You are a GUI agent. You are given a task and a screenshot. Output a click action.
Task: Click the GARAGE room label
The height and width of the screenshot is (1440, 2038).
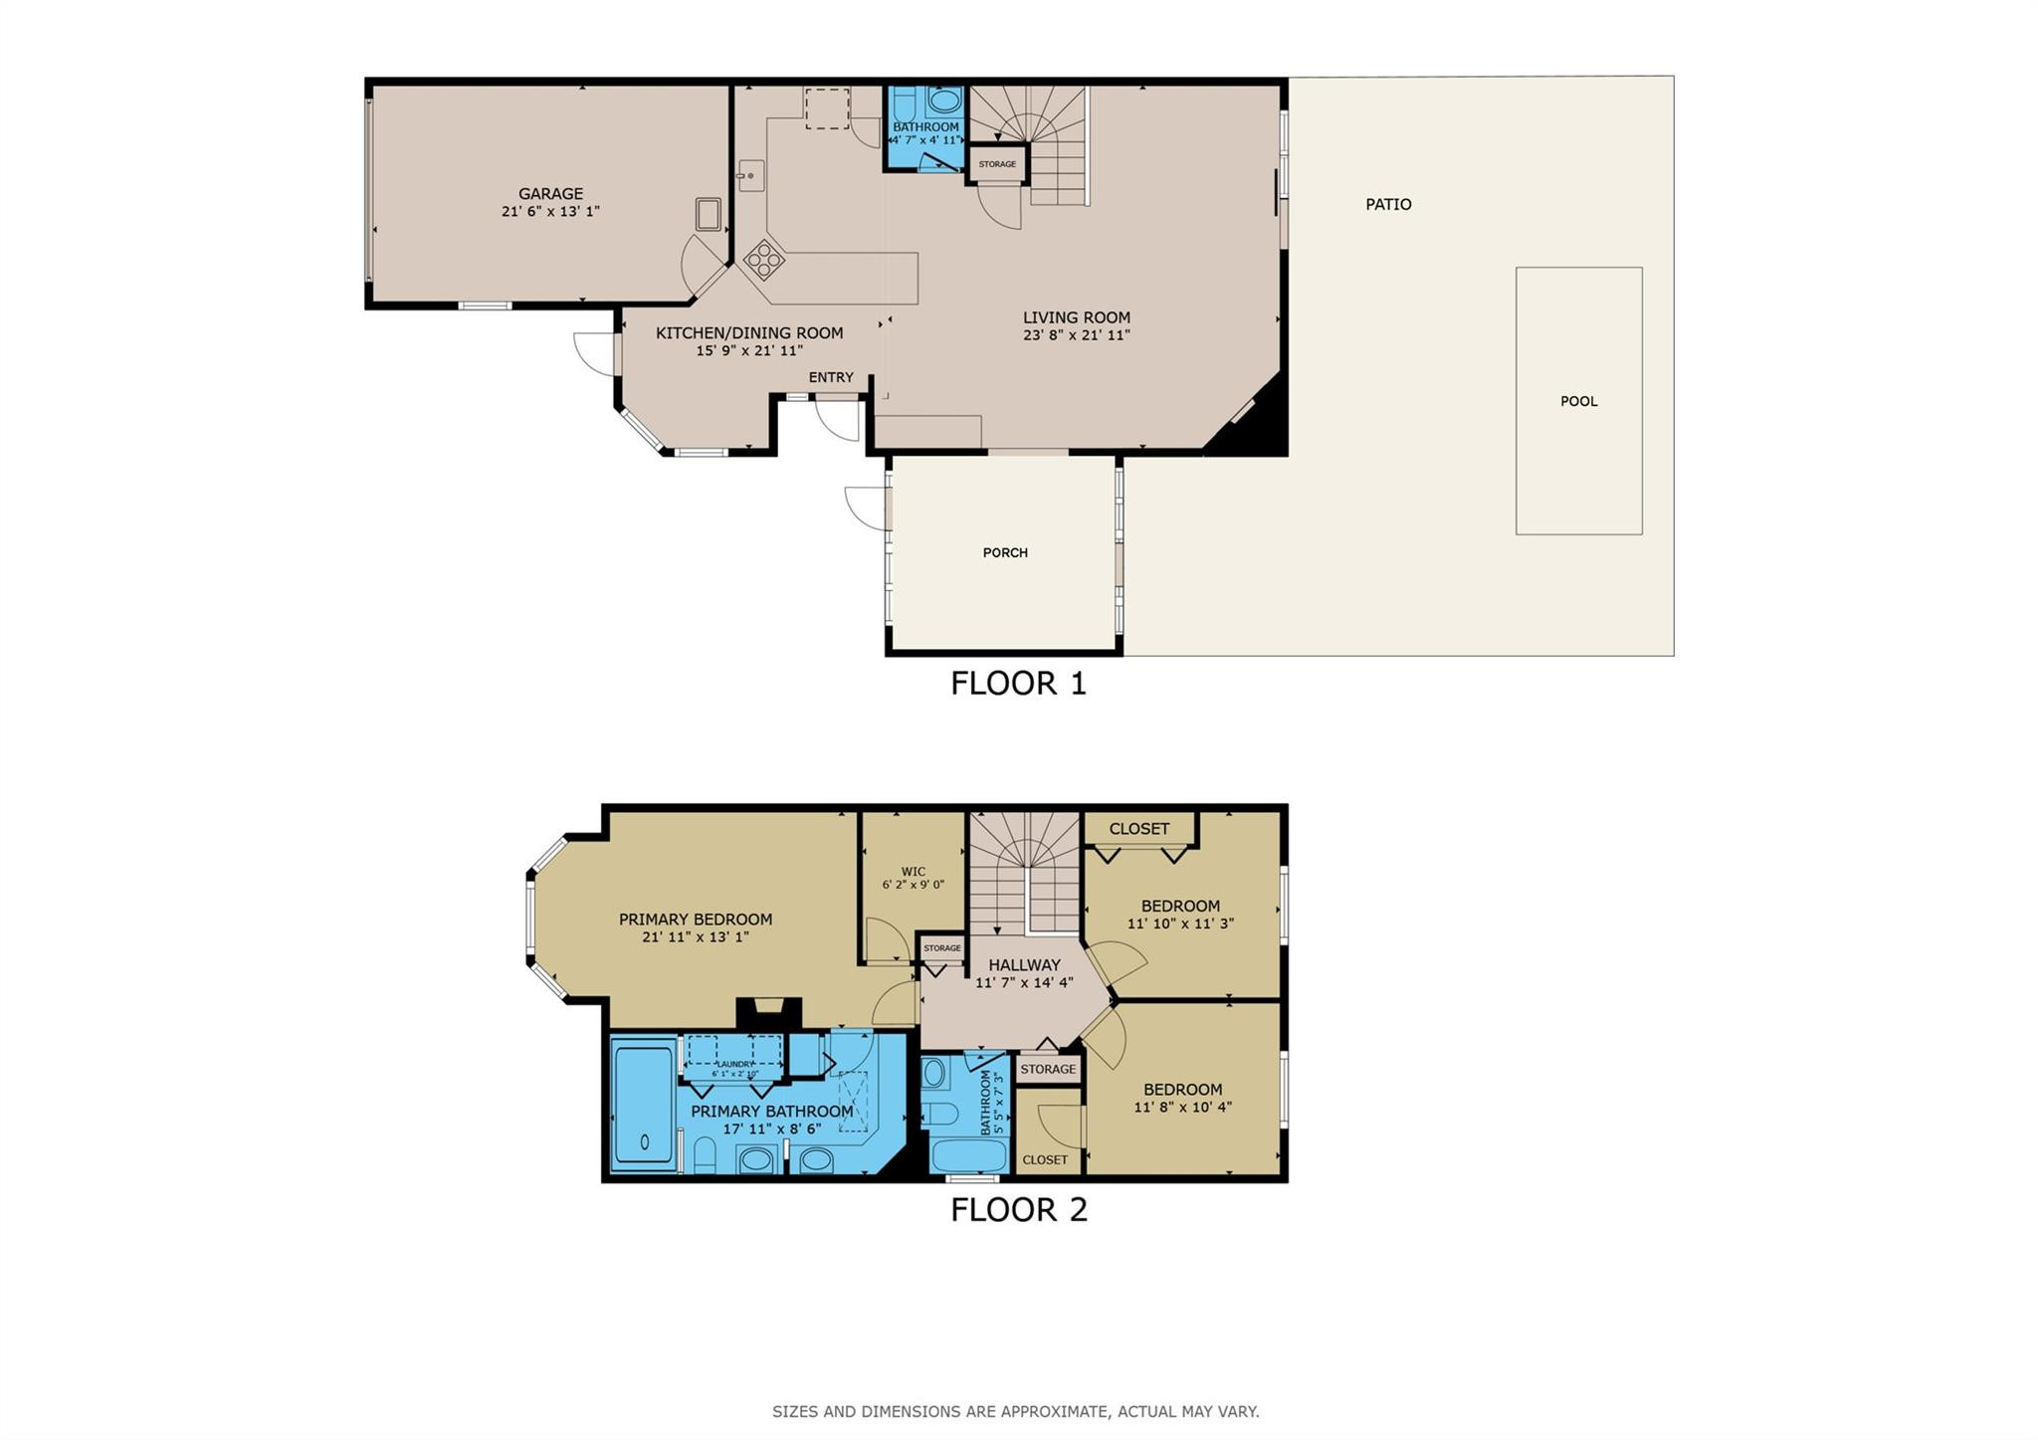550,194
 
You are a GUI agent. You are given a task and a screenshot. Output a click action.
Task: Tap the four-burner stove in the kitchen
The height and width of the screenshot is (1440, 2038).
764,260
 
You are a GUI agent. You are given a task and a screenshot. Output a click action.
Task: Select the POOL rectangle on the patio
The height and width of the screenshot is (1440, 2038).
1578,401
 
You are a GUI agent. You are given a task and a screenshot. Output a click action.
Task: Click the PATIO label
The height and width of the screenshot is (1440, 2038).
1388,204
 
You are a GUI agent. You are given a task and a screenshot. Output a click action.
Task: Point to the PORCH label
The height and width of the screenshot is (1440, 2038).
1005,552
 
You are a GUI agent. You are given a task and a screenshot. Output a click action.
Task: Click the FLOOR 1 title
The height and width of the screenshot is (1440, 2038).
1018,684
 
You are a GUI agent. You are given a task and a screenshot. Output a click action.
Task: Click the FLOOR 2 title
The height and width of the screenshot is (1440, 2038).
1018,1210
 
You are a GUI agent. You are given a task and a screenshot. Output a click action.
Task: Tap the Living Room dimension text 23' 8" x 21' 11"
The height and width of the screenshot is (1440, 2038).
1076,335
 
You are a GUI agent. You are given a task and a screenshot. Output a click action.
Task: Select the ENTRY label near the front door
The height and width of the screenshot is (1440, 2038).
831,377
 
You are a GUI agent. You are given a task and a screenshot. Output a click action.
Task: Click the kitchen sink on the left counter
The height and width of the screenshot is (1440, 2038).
750,175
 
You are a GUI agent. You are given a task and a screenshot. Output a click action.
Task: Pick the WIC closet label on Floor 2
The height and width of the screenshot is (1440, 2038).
913,872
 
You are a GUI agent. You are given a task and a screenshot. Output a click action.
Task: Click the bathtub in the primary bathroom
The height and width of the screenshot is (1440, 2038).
644,1102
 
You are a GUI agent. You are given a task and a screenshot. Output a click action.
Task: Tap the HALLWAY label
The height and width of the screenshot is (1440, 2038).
1024,964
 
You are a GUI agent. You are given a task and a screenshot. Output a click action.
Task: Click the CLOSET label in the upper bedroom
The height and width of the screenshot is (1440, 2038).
1138,829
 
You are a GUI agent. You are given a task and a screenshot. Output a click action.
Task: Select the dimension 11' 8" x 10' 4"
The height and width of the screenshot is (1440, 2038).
1182,1107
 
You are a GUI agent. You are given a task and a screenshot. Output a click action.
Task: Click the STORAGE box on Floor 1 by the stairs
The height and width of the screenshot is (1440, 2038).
997,164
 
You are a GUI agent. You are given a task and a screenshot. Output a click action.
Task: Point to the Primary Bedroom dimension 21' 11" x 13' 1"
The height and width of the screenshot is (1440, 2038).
696,936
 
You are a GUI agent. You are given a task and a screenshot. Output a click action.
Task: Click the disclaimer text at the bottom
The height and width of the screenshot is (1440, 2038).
1015,1411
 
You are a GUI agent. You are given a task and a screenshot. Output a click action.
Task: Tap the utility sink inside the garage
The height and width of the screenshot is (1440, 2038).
708,214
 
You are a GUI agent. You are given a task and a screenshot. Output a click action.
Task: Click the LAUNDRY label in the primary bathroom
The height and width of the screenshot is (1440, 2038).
735,1064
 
